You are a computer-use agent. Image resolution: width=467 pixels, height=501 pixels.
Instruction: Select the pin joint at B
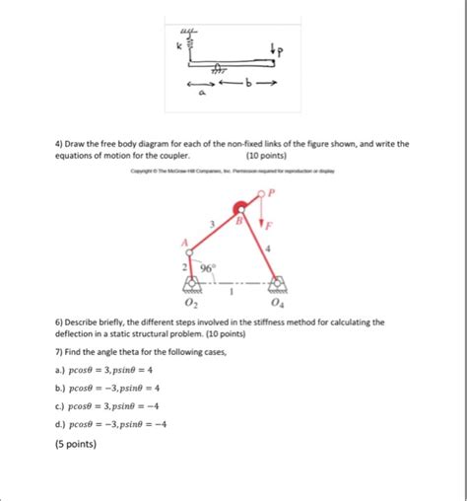point(238,209)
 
